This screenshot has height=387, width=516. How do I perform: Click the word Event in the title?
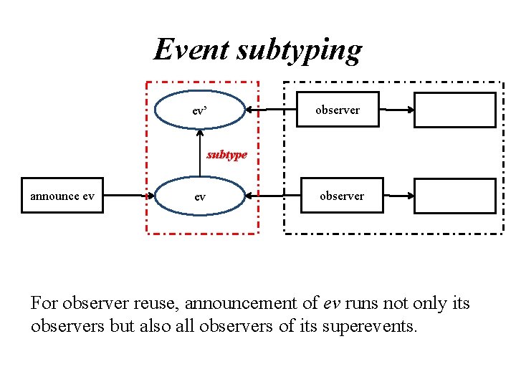pyautogui.click(x=191, y=49)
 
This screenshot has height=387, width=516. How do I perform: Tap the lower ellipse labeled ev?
pyautogui.click(x=200, y=196)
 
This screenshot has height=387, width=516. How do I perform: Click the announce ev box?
pyautogui.click(x=62, y=196)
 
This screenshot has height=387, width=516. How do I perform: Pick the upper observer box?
pyautogui.click(x=338, y=110)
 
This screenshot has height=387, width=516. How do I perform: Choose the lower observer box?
pyautogui.click(x=341, y=196)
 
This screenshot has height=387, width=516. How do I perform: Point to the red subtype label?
pyautogui.click(x=226, y=154)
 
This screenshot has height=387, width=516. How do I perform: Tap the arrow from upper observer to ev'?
pyautogui.click(x=271, y=110)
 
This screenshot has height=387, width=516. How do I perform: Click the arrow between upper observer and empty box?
pyautogui.click(x=396, y=110)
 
